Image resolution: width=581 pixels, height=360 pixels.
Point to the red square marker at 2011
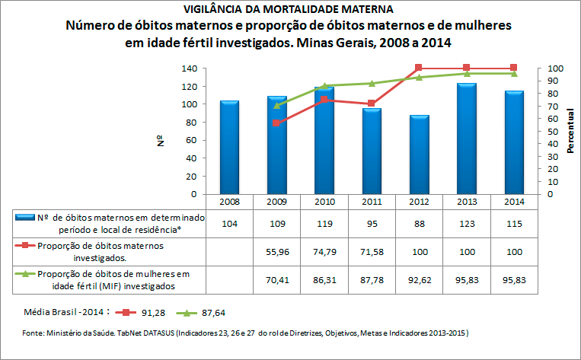371,104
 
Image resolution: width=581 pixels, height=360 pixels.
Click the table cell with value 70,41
276,279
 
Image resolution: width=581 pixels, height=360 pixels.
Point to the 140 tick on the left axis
189,68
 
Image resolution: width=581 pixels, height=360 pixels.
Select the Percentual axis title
570,131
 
